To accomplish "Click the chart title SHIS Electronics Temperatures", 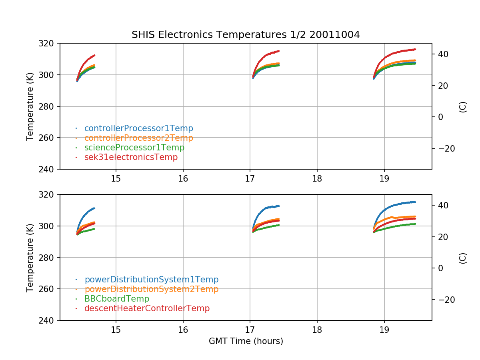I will tap(246, 35).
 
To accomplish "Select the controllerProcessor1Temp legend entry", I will tap(138, 128).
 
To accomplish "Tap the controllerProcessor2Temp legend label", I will tap(138, 138).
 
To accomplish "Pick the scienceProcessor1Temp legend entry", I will tap(134, 148).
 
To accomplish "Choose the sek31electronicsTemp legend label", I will tap(131, 157).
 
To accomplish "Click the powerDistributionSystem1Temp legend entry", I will tap(151, 280).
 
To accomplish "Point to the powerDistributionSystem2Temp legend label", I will tap(151, 289).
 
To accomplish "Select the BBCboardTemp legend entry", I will tap(116, 299).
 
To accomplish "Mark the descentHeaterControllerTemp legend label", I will tap(147, 308).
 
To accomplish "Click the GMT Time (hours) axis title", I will tap(246, 341).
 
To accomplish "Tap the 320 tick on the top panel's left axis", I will tap(50, 43).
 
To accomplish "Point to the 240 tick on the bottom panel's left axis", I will tap(50, 320).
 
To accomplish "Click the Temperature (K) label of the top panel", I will tap(30, 106).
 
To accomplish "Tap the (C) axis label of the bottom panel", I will tap(463, 258).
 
